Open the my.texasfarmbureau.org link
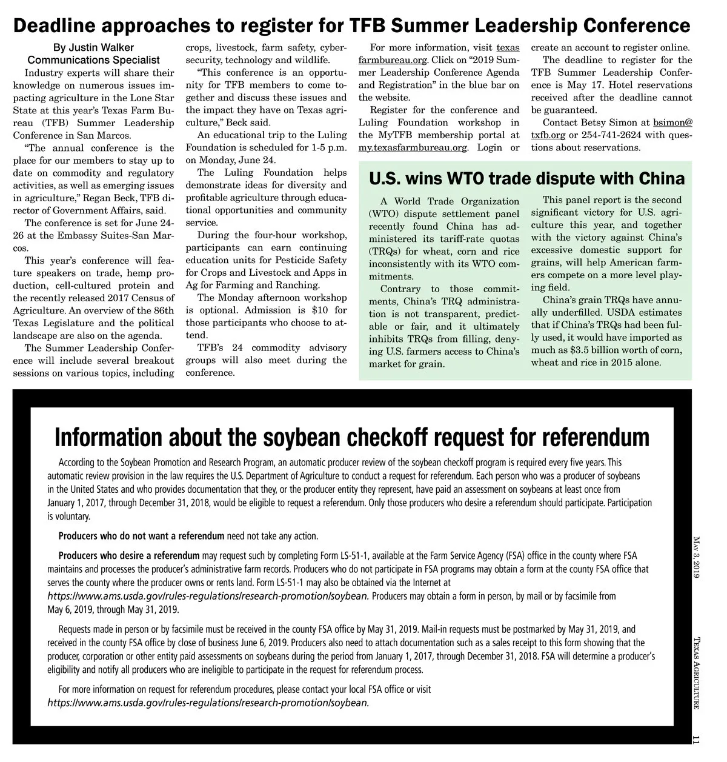coord(413,147)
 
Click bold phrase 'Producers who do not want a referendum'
coord(141,536)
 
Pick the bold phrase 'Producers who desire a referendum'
coord(128,555)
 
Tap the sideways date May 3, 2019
coord(696,556)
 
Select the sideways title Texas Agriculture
coord(696,673)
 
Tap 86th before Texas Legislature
coord(162,310)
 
